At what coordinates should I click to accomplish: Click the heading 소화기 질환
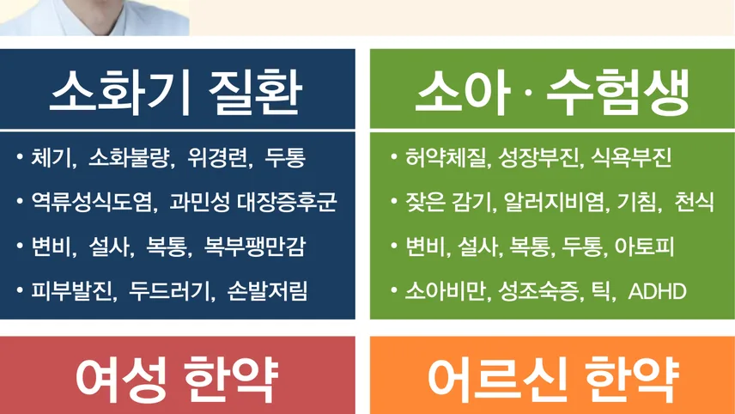pyautogui.click(x=176, y=92)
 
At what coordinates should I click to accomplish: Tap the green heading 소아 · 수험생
pyautogui.click(x=552, y=92)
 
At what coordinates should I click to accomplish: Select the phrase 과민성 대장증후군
pyautogui.click(x=253, y=202)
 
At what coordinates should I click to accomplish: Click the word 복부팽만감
pyautogui.click(x=255, y=247)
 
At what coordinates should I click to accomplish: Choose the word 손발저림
pyautogui.click(x=268, y=291)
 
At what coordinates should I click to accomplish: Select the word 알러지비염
pyautogui.click(x=556, y=202)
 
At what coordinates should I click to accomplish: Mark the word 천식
pyautogui.click(x=695, y=202)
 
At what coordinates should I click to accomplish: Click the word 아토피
pyautogui.click(x=645, y=247)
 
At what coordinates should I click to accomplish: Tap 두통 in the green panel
pyautogui.click(x=582, y=247)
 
